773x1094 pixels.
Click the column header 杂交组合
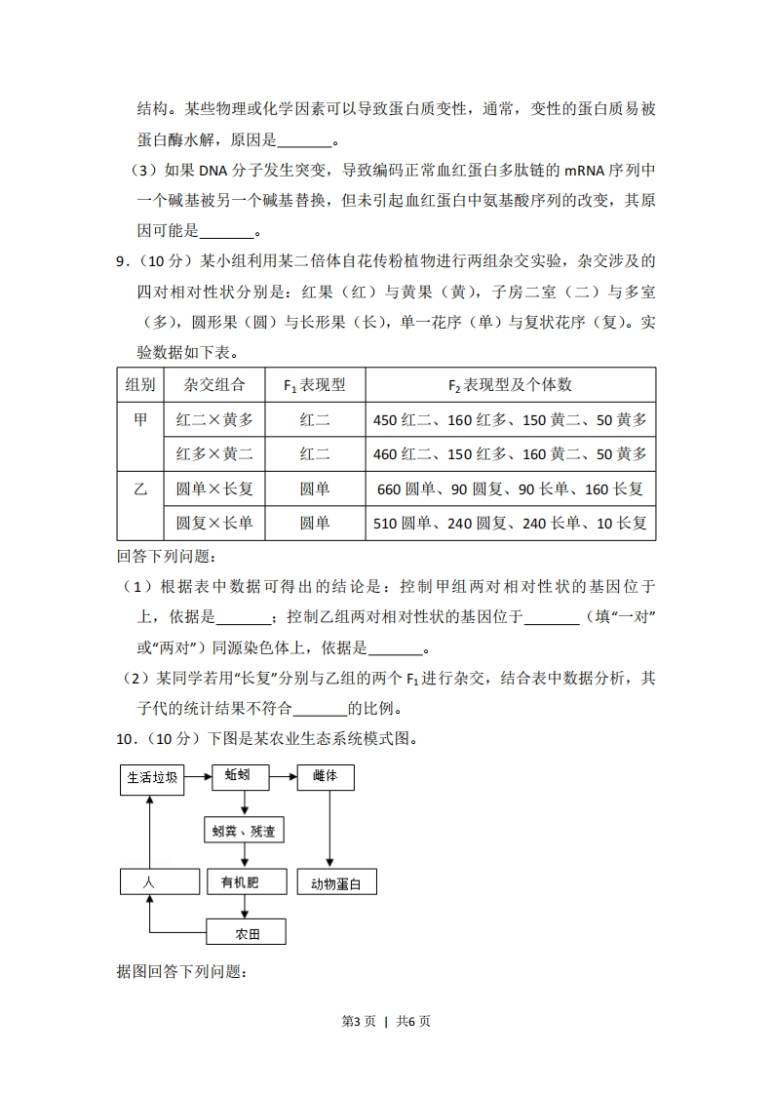pos(213,385)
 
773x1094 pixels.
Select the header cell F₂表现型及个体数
pos(510,385)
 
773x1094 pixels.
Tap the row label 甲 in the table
pos(140,420)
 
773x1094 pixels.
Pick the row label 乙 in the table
pos(140,488)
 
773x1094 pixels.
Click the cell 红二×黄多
pos(213,420)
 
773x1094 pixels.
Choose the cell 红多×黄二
pos(213,454)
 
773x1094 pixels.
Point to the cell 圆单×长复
pos(213,488)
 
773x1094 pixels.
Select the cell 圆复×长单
pos(213,523)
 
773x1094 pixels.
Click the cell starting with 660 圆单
pos(510,488)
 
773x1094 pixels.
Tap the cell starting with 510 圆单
pos(510,523)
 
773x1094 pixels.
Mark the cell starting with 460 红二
pos(510,454)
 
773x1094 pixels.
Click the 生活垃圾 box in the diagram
pos(151,777)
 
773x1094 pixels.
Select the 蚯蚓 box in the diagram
pos(240,777)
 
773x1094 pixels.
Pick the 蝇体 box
pos(326,777)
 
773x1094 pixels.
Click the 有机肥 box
pos(247,882)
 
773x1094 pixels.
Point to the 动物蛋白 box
pos(336,883)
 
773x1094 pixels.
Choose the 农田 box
pos(247,933)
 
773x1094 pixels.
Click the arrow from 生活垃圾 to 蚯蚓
pos(198,777)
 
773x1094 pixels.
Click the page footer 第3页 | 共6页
pos(386,1021)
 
